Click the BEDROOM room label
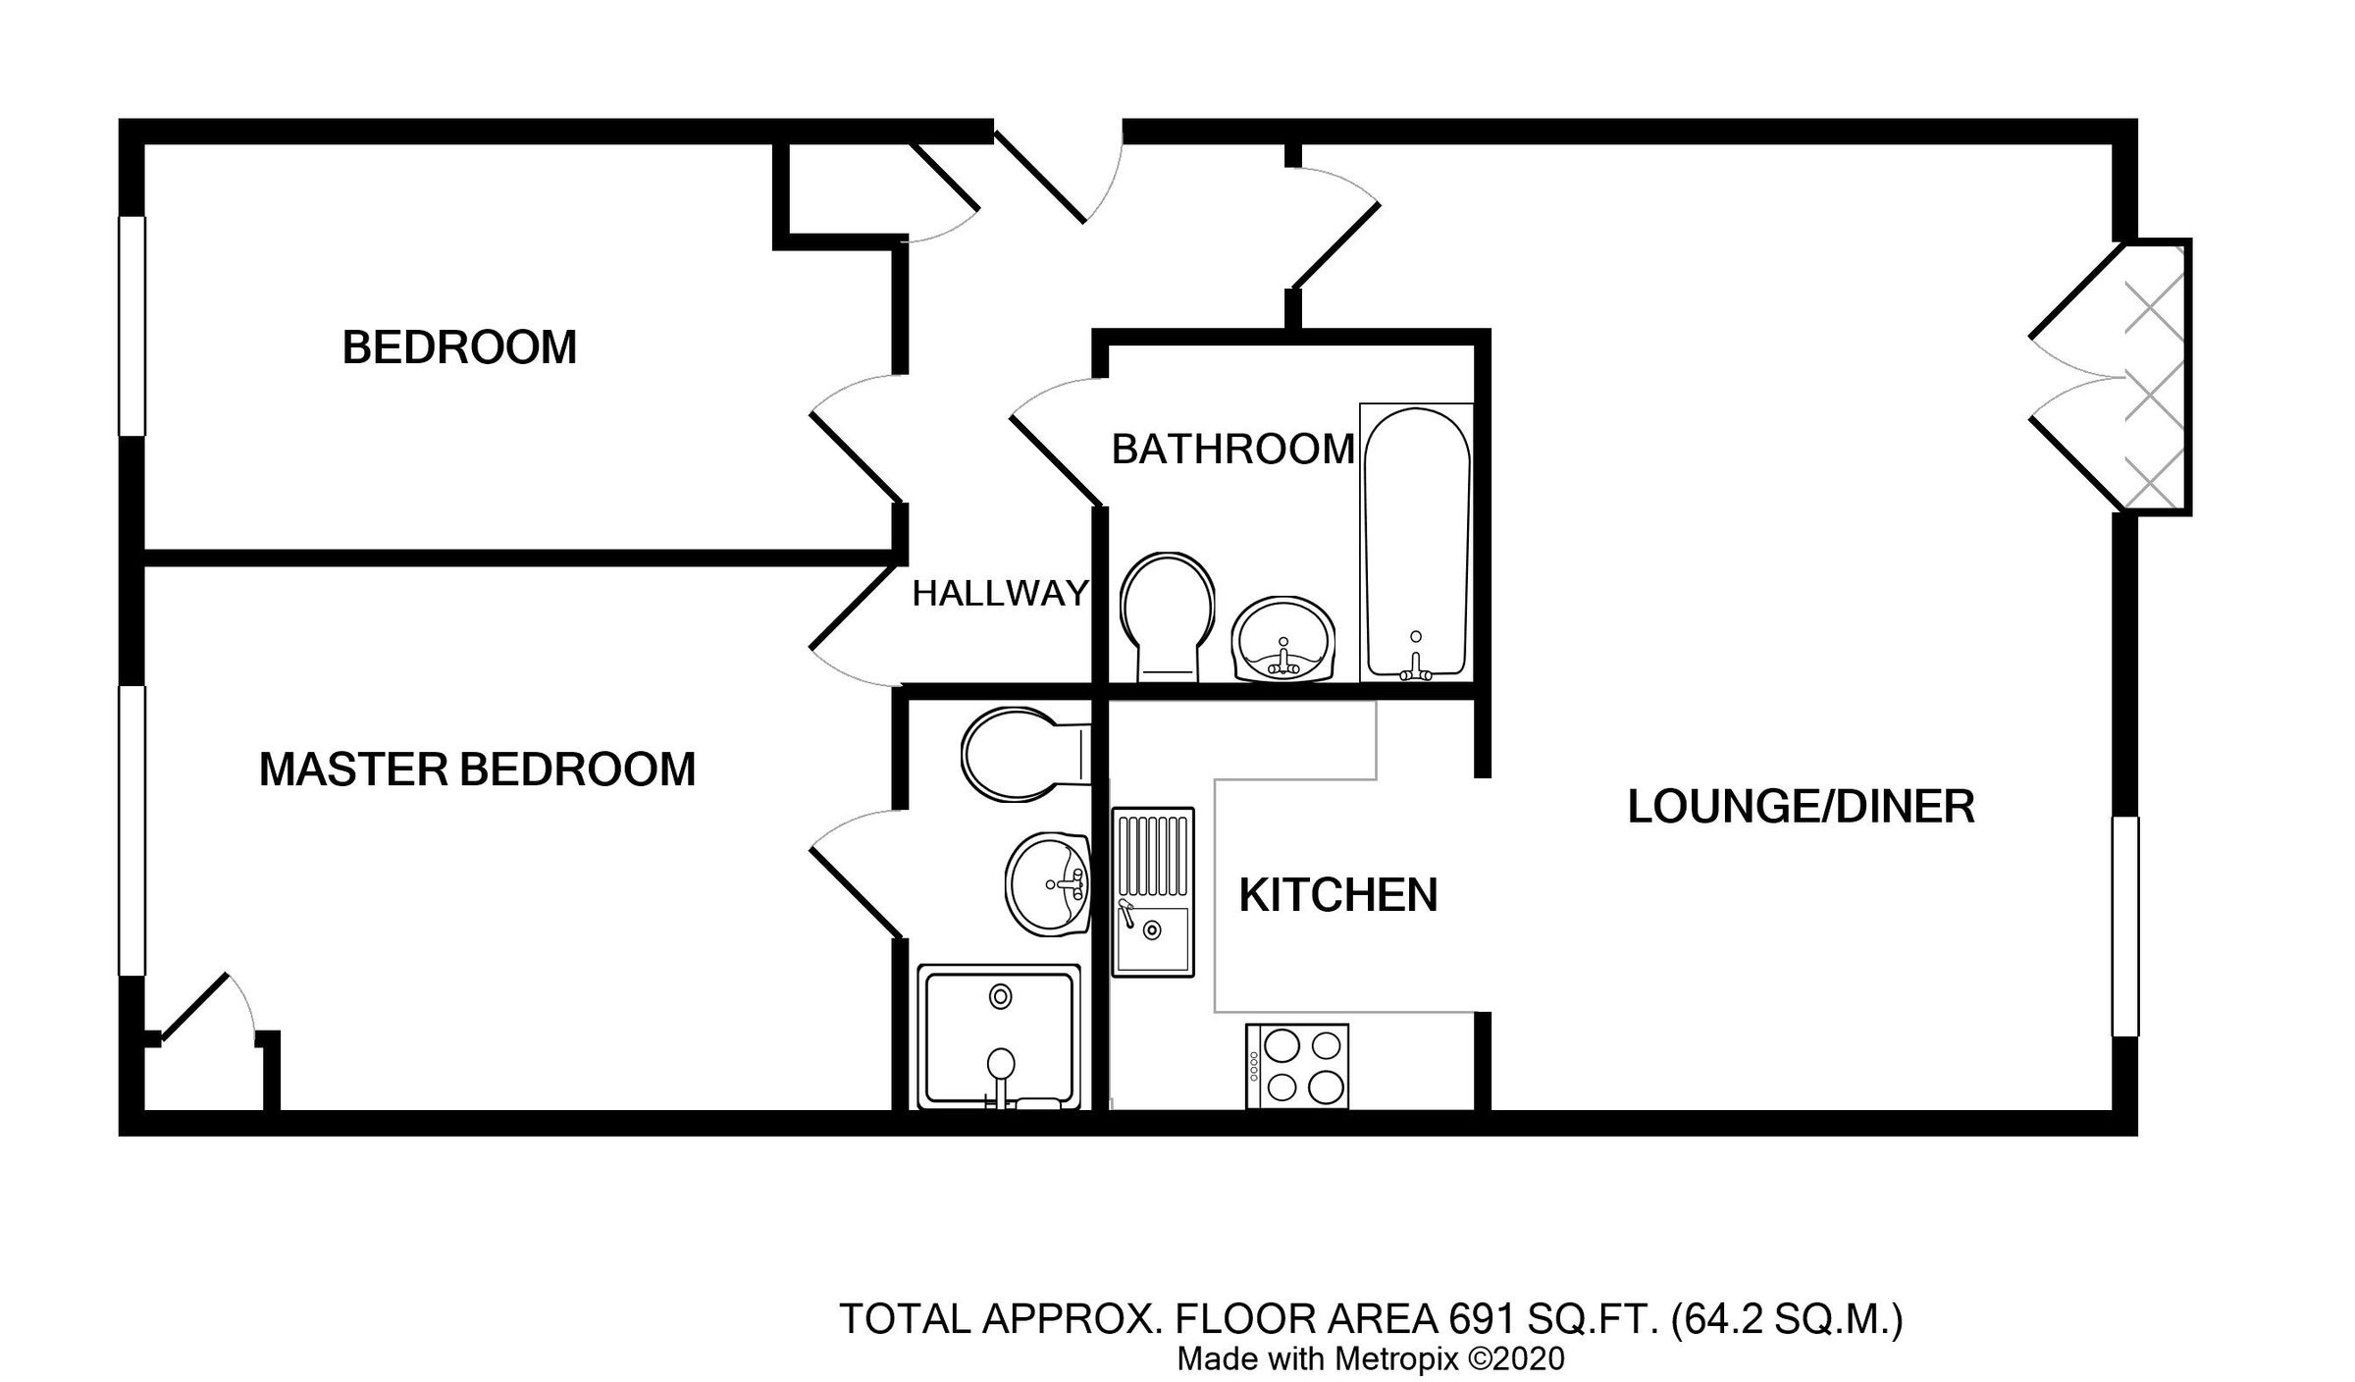point(459,347)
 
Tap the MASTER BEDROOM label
point(477,770)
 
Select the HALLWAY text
point(1000,593)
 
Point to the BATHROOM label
point(1232,450)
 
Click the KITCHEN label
point(1337,895)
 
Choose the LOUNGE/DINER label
point(1801,807)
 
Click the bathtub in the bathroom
point(1416,543)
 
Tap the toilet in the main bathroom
point(1167,614)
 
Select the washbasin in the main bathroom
point(1282,640)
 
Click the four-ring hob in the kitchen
point(1296,1067)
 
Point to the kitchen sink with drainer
point(1152,891)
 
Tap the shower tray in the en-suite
point(999,1036)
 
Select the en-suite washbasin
point(1048,883)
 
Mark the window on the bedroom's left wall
point(132,325)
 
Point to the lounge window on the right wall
point(2124,927)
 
